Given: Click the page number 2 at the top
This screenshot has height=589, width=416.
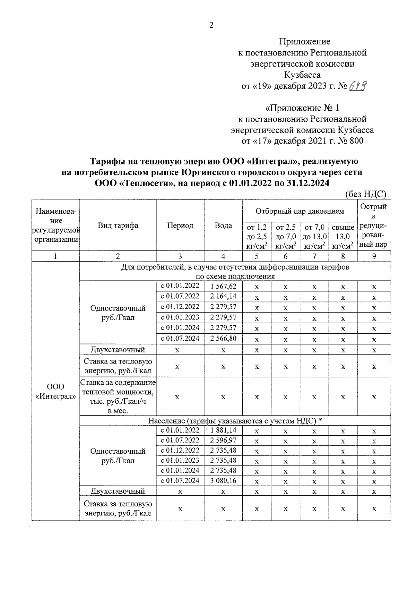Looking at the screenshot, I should coord(211,25).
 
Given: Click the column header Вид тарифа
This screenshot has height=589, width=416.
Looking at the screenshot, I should coord(118,225).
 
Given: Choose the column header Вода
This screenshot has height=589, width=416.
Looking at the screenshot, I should coord(223,225).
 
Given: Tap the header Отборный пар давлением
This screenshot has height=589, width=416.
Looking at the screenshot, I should coord(300,211).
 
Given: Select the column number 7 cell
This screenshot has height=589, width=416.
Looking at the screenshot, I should coord(314,256).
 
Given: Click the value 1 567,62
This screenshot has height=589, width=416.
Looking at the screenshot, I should coord(223,286).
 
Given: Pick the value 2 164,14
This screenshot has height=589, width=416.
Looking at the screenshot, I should coord(223,296).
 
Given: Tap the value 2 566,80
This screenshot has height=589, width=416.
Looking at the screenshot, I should coord(223,338).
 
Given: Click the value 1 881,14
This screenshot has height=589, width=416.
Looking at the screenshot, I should coord(223,430).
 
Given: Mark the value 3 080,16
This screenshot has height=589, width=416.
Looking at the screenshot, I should coord(223,480).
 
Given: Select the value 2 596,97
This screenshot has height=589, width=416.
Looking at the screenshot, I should coord(223,440).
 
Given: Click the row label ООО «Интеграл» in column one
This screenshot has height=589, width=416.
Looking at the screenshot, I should coord(56,392).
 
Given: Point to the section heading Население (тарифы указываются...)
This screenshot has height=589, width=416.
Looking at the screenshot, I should coord(235,421).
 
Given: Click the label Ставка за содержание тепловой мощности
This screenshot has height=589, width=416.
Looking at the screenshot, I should coord(118,396).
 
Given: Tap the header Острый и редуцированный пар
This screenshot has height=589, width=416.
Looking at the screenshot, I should coord(374,225).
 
